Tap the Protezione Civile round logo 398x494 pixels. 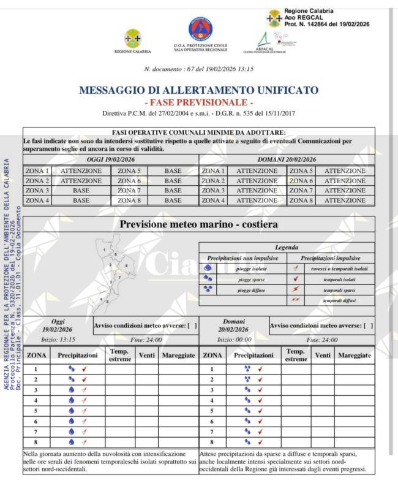coord(200,29)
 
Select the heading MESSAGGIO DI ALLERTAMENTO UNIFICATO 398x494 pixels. coord(198,90)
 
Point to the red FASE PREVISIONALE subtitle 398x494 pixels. coord(198,102)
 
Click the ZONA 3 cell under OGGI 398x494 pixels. coord(37,191)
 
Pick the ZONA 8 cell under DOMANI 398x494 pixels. coord(301,200)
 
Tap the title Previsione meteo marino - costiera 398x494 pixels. coord(198,224)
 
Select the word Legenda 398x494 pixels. coord(287,248)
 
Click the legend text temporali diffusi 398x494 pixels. coord(340,300)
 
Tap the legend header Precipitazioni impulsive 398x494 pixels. coord(331,259)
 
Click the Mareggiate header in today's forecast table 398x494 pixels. coord(178,355)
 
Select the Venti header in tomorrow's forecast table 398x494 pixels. coord(323,355)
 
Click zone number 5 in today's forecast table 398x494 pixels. coord(36,411)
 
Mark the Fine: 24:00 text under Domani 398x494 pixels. coord(322,340)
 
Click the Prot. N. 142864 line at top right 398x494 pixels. coord(327,24)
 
